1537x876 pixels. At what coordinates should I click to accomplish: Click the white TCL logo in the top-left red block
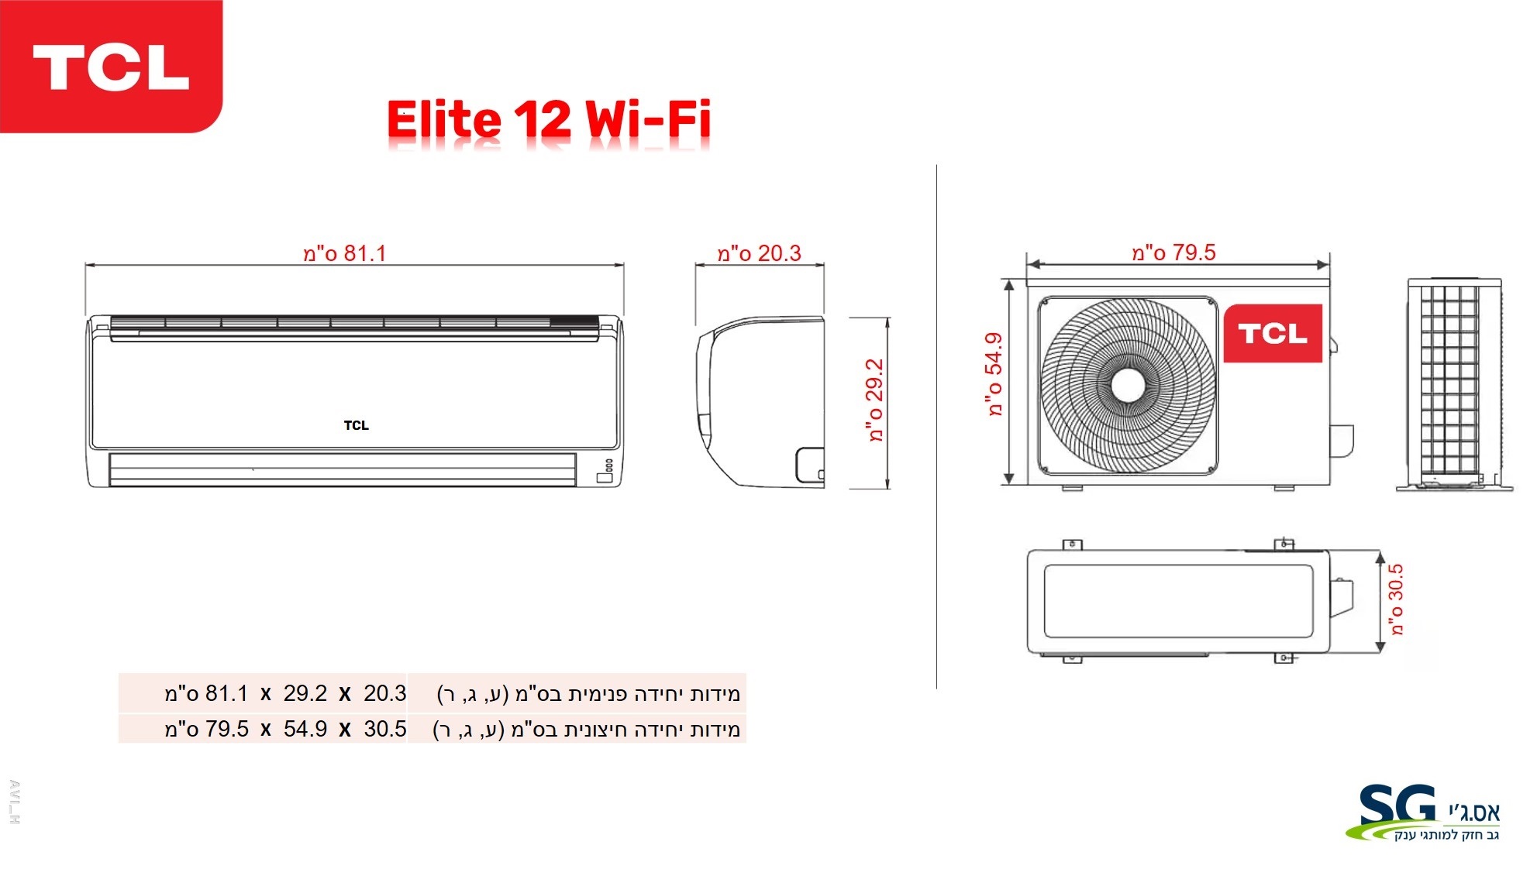(111, 67)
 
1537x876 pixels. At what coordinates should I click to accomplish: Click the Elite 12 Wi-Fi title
(549, 120)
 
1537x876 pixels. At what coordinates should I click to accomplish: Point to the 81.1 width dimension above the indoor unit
(344, 253)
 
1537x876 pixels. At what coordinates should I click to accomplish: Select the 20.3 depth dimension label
(759, 253)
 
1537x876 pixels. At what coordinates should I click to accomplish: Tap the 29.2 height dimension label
(875, 400)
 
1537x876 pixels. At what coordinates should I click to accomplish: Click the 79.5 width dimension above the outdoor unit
(1173, 252)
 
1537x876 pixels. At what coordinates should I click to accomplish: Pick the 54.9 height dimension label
(994, 375)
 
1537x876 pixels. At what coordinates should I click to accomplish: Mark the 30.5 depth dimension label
(1396, 600)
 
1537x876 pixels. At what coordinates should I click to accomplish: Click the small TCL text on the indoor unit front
(357, 425)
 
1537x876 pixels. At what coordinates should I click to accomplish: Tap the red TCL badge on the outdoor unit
(1273, 333)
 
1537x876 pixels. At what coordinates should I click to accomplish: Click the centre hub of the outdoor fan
(1128, 385)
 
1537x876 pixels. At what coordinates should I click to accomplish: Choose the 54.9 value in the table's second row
(305, 729)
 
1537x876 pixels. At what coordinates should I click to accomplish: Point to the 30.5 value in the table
(385, 729)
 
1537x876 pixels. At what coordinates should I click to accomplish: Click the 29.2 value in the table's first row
(305, 693)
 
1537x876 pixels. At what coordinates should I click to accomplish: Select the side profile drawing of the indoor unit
(760, 401)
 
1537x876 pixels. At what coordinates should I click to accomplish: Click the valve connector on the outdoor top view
(1342, 597)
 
